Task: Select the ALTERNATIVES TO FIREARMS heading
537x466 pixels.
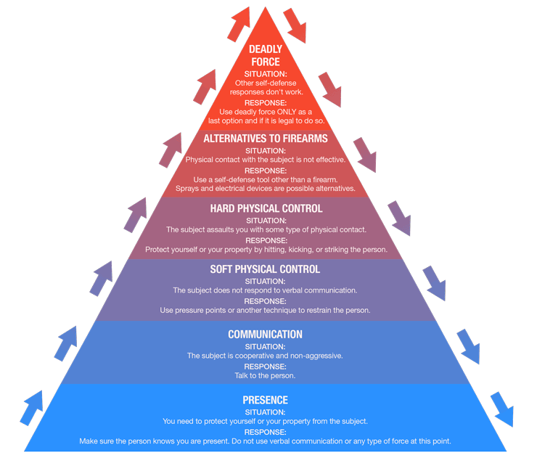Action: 265,138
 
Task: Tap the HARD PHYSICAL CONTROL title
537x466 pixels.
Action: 266,209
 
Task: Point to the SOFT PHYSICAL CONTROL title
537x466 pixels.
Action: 265,269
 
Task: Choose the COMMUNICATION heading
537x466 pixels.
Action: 265,335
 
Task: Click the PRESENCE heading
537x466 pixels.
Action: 265,400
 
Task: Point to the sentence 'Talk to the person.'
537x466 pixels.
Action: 265,376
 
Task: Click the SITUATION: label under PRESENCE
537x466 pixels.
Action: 265,412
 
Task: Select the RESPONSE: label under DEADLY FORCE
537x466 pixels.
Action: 265,102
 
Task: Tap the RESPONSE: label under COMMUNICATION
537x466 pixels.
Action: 265,367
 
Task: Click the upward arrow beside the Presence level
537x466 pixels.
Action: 32,411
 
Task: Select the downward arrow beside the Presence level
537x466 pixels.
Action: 501,409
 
